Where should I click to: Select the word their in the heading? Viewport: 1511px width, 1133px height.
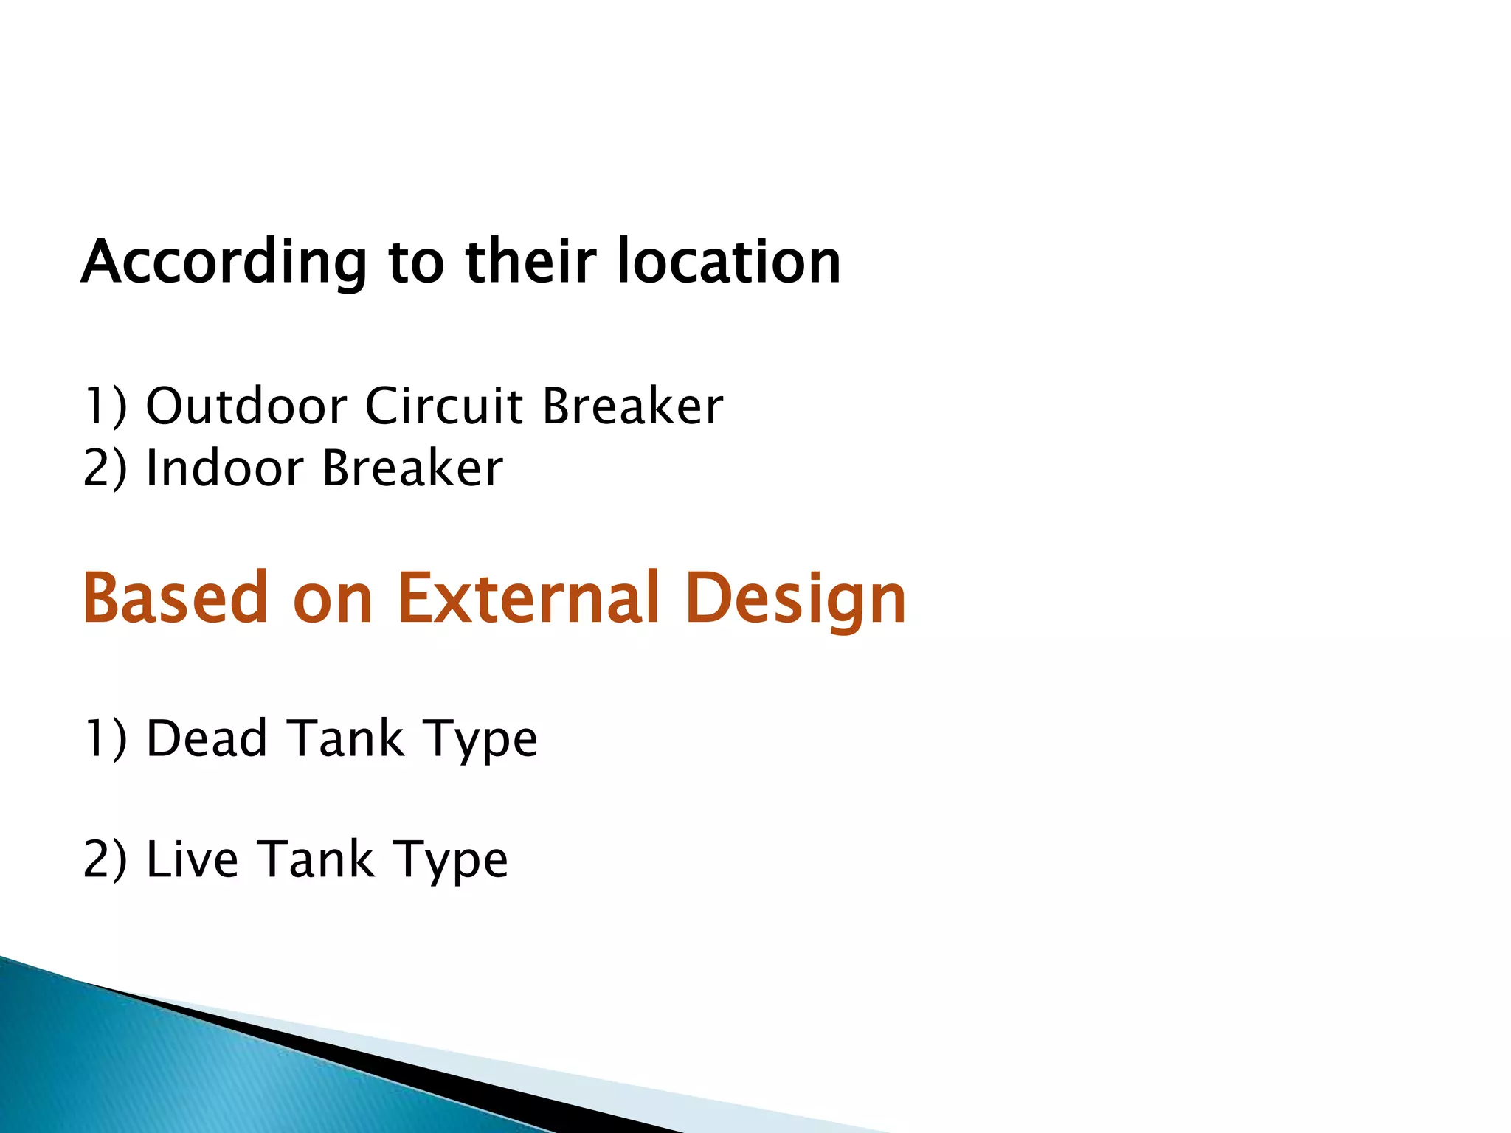pos(530,262)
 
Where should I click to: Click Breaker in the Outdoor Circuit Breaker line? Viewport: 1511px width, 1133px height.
pos(632,406)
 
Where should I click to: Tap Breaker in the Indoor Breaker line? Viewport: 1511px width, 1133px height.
pos(412,468)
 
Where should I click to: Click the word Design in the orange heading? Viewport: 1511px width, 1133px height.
pos(795,599)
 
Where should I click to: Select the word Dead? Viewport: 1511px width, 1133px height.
pos(207,738)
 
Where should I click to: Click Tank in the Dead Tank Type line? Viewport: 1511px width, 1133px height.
pos(345,738)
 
